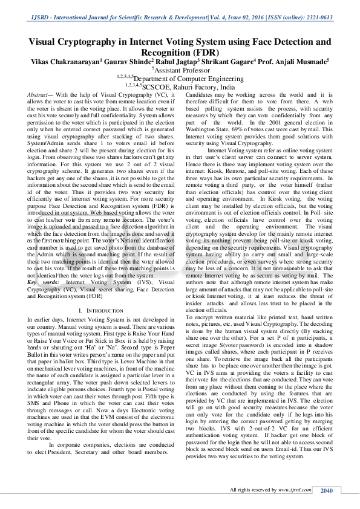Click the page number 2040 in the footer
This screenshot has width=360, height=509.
pyautogui.click(x=327, y=490)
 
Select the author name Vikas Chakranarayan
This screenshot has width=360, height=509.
pyautogui.click(x=65, y=62)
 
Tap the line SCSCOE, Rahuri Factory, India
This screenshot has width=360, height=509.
pyautogui.click(x=181, y=87)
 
